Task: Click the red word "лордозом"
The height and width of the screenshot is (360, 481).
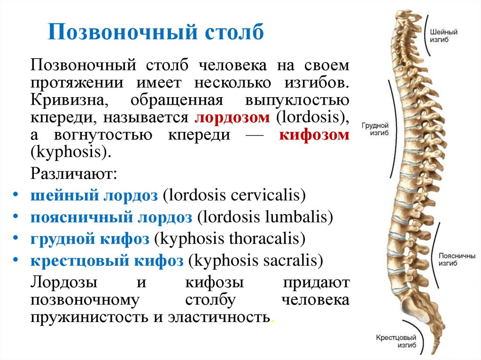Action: pyautogui.click(x=233, y=117)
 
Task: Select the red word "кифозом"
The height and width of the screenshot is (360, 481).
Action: pyautogui.click(x=314, y=135)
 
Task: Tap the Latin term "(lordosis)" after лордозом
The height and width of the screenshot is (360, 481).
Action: pyautogui.click(x=310, y=117)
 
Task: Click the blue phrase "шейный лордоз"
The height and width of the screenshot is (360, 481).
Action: pyautogui.click(x=94, y=195)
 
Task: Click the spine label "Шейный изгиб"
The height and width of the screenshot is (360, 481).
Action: pyautogui.click(x=443, y=36)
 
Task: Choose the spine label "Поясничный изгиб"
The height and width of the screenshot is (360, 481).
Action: pyautogui.click(x=457, y=260)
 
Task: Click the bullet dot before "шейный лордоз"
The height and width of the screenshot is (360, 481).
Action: pyautogui.click(x=16, y=194)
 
